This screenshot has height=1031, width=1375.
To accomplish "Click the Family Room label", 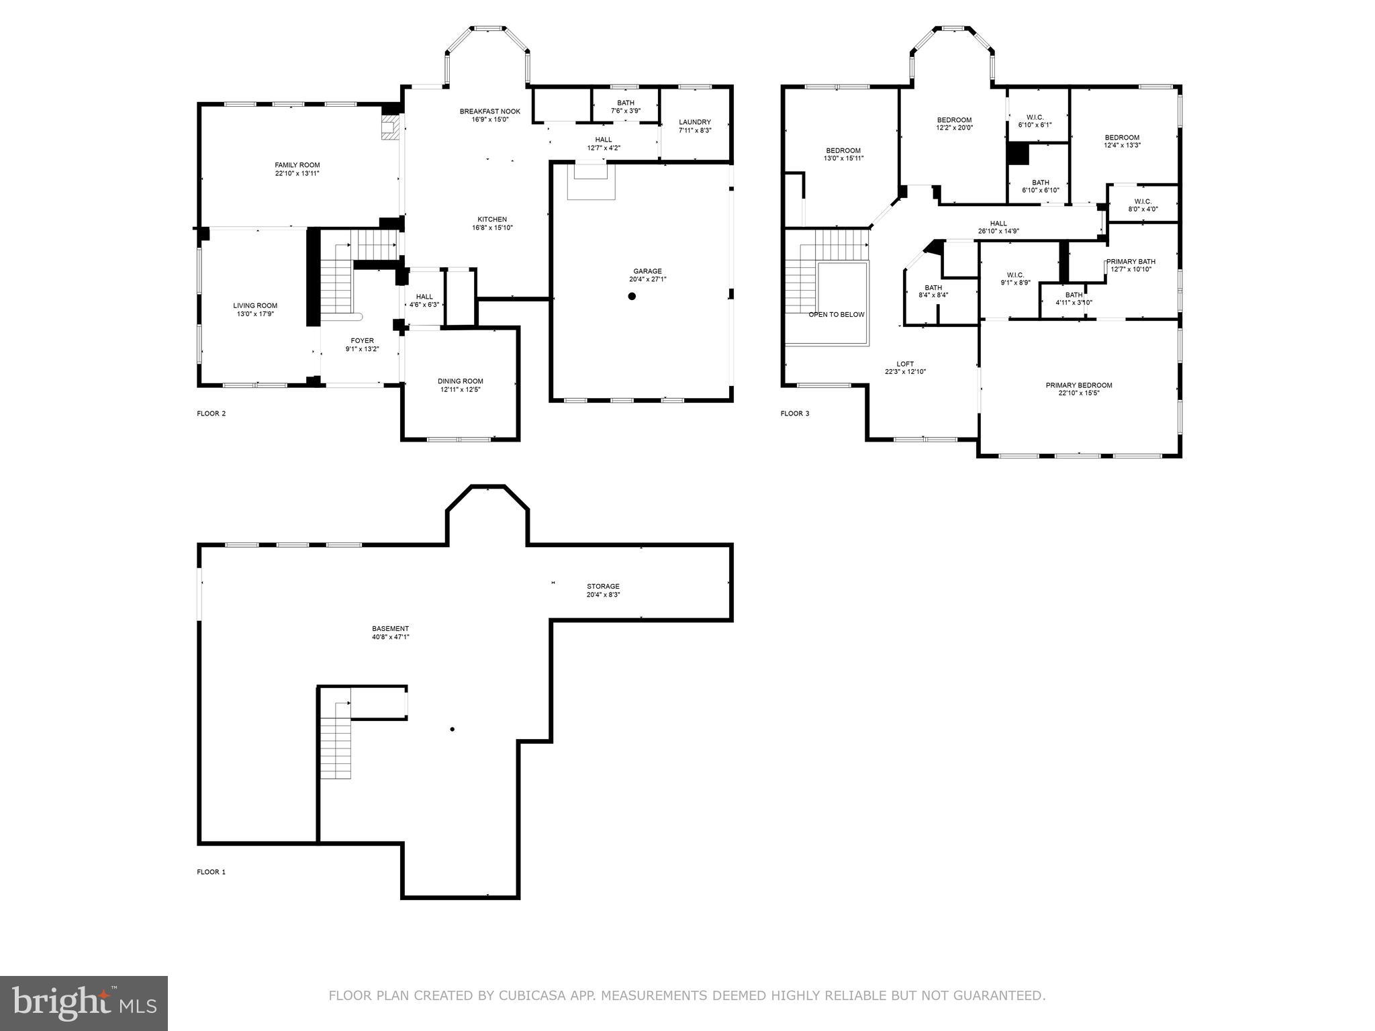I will click(297, 165).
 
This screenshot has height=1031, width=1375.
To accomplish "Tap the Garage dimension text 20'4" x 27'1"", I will click(647, 279).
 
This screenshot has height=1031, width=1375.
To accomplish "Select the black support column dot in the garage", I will click(632, 296).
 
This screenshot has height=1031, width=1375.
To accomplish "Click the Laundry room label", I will click(694, 122).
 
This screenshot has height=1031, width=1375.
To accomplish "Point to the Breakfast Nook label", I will click(489, 111).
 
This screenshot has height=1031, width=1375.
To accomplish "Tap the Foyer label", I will click(362, 340).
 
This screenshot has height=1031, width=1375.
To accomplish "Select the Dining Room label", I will click(460, 381).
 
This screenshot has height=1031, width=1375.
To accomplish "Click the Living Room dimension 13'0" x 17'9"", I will click(255, 313).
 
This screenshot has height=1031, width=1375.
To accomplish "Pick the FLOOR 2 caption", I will click(211, 413).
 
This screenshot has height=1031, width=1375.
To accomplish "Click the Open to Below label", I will click(836, 314).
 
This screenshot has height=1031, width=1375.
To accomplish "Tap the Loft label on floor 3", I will click(905, 364).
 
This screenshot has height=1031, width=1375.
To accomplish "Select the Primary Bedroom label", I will click(1078, 385).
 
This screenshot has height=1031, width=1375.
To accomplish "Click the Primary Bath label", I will click(1131, 261).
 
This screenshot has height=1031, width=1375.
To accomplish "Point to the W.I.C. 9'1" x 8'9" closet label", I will click(1014, 275).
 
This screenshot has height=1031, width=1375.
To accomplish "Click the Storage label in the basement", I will click(603, 586).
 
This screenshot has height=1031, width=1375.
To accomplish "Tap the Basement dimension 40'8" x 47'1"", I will click(390, 637).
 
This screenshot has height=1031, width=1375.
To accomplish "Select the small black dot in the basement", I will click(453, 729).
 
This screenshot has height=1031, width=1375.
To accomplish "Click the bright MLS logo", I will click(84, 1003).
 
